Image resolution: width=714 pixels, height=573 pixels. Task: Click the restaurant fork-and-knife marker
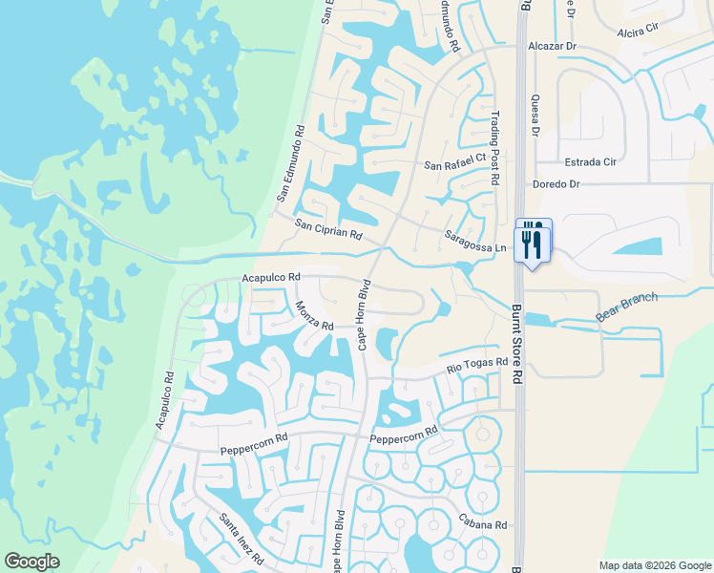tap(533, 242)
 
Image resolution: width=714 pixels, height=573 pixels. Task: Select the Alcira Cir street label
tap(639, 31)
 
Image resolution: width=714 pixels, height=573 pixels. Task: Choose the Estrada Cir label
tap(589, 161)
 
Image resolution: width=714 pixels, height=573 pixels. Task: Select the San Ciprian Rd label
tap(328, 229)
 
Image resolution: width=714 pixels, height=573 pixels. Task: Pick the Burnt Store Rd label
tap(516, 344)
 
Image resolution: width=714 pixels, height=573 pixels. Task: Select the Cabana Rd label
tap(481, 525)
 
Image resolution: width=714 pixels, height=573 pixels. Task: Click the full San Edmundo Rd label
tap(290, 162)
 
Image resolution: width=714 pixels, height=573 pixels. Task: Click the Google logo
tap(31, 562)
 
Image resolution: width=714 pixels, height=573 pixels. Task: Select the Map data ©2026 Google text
tap(654, 565)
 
